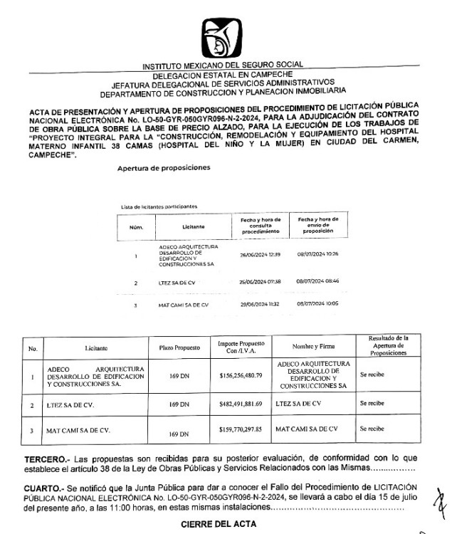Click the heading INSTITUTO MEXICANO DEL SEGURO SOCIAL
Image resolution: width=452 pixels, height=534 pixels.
[223, 66]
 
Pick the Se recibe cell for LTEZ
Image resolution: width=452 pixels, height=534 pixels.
[372, 403]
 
